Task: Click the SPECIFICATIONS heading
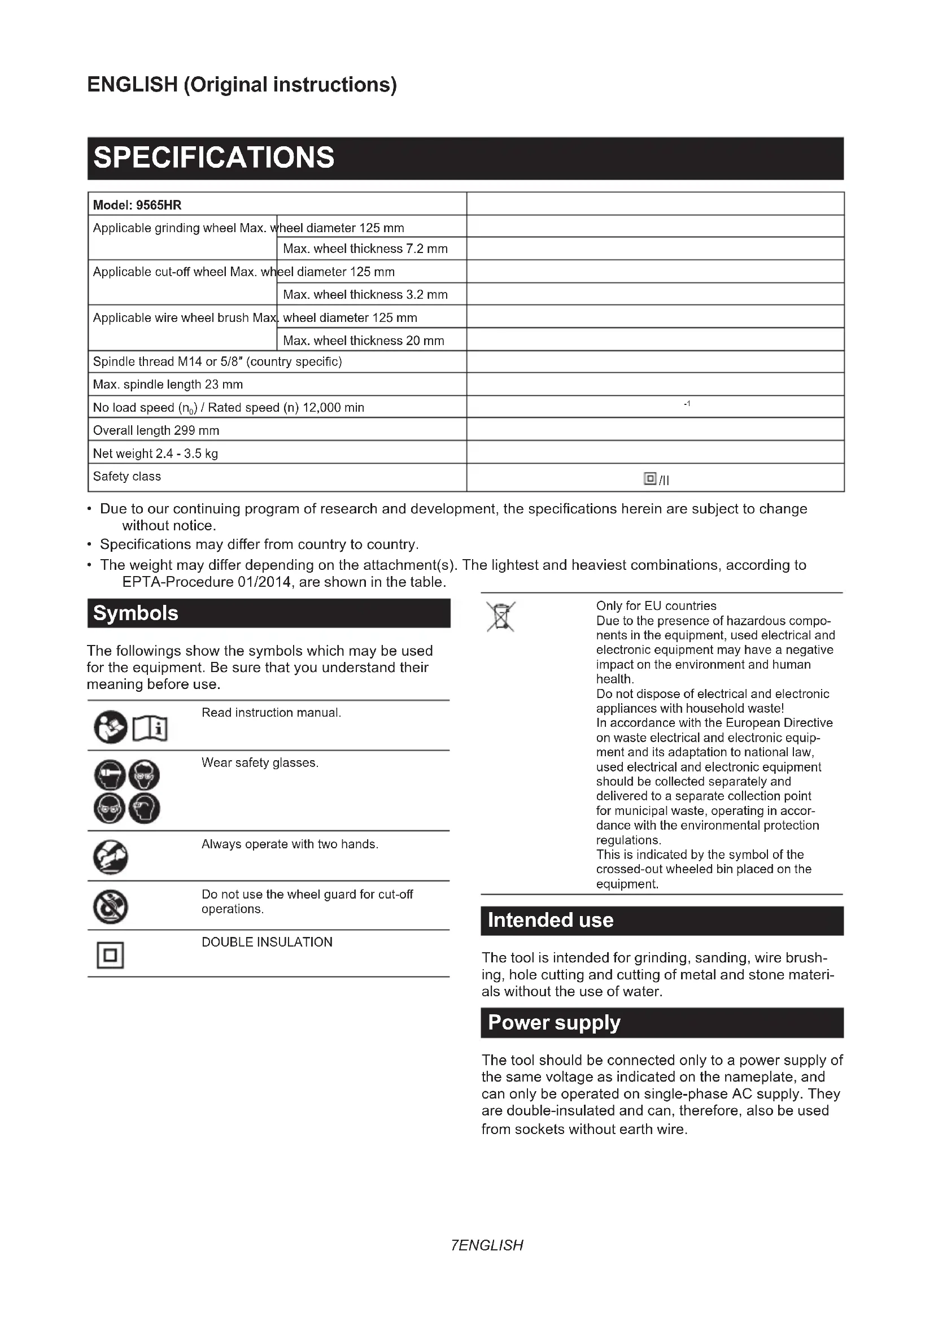click(x=213, y=158)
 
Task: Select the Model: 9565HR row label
click(x=137, y=205)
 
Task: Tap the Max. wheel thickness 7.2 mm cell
click(x=365, y=248)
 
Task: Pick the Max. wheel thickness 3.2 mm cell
click(x=365, y=295)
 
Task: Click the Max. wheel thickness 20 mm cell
click(x=363, y=341)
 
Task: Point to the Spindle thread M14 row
click(x=217, y=361)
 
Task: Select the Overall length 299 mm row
click(x=156, y=430)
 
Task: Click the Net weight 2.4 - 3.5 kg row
click(x=155, y=454)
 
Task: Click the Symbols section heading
click(x=136, y=613)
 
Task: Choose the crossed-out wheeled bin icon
click(x=501, y=617)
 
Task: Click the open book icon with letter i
click(x=151, y=729)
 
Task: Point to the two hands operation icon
click(x=111, y=857)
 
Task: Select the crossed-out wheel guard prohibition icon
click(x=111, y=908)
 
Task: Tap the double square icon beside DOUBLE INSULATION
click(x=110, y=956)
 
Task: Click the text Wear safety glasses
click(x=259, y=763)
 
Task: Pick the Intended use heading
click(x=550, y=921)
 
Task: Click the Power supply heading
click(x=553, y=1022)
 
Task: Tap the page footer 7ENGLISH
click(x=487, y=1245)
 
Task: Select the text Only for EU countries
click(x=656, y=606)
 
